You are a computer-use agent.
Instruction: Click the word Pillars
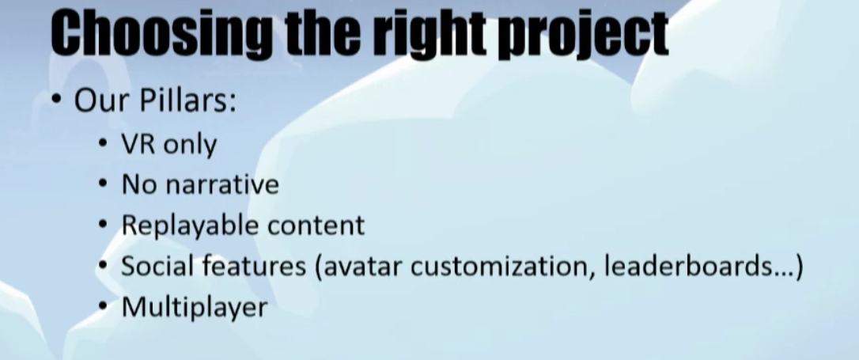pos(187,100)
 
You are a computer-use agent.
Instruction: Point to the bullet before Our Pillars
pos(57,100)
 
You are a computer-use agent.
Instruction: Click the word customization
pos(503,267)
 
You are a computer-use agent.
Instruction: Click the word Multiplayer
pos(195,308)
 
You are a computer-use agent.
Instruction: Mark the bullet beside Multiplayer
pos(103,308)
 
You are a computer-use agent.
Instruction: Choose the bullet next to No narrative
pos(103,184)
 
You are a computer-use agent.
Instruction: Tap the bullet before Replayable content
pos(103,225)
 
